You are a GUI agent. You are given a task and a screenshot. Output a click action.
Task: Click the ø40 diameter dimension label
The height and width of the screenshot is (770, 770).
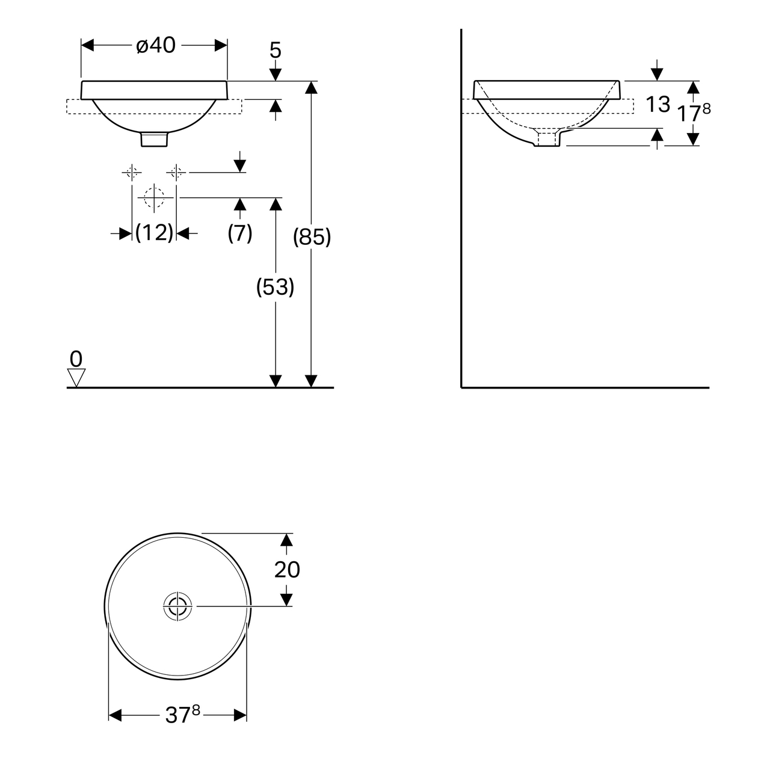(155, 46)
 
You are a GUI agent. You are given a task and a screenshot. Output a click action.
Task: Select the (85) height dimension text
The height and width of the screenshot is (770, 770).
(312, 238)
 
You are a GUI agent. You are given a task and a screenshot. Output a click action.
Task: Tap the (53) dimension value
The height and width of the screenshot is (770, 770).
(276, 288)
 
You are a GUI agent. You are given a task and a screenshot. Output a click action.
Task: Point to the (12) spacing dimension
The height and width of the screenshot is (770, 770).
(154, 233)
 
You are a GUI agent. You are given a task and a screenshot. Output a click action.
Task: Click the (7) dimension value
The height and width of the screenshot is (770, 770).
(239, 233)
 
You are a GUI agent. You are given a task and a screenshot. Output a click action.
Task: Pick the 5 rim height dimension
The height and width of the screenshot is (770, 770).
(275, 51)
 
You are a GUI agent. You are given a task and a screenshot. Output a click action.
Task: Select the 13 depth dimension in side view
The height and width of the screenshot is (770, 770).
(658, 105)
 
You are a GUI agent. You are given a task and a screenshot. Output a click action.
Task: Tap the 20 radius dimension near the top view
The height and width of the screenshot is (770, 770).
(287, 569)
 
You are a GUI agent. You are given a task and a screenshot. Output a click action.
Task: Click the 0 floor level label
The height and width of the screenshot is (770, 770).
(76, 359)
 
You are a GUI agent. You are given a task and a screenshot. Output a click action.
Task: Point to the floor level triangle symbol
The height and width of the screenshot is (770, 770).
(76, 378)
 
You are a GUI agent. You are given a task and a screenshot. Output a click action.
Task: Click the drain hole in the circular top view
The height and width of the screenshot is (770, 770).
(177, 606)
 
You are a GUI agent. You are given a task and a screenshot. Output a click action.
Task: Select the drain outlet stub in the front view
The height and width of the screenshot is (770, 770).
(155, 140)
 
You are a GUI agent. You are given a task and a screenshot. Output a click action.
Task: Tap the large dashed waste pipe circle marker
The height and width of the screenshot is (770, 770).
(155, 197)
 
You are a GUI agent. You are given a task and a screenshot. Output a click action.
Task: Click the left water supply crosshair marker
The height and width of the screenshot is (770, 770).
(132, 173)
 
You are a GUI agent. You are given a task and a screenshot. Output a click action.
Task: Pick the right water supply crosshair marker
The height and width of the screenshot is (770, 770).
(176, 173)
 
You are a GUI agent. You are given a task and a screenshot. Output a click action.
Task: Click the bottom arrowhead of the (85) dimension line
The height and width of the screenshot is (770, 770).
(311, 381)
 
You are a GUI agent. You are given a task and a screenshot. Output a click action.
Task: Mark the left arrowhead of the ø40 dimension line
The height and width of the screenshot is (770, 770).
(88, 46)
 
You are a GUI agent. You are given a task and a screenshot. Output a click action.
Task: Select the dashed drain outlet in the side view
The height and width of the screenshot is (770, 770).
(547, 139)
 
